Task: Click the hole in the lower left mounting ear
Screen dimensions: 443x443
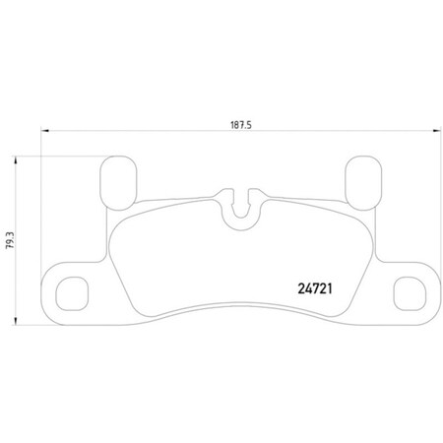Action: pyautogui.click(x=71, y=292)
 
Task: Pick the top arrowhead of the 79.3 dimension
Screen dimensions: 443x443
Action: pyautogui.click(x=21, y=157)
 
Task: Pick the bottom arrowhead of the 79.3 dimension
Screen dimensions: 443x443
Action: pyautogui.click(x=21, y=322)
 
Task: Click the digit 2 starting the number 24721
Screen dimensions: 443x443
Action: pyautogui.click(x=299, y=289)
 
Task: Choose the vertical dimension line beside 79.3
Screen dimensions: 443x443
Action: pyautogui.click(x=21, y=276)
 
